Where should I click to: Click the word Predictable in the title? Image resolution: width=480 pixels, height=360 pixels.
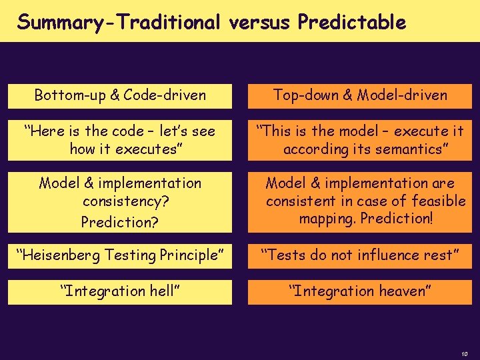(352, 23)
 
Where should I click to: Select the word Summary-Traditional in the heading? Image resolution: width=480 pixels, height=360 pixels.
(119, 23)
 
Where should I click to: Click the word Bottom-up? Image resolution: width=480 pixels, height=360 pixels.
(65, 95)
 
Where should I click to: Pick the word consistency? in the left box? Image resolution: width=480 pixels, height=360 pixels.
(120, 201)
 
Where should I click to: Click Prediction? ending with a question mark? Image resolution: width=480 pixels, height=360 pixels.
(120, 221)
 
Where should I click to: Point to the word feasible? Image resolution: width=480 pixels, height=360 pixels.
(439, 201)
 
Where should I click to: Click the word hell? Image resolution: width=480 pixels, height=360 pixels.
(164, 291)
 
